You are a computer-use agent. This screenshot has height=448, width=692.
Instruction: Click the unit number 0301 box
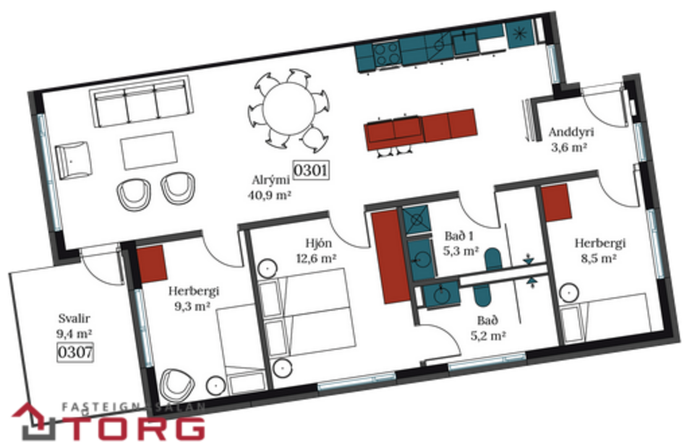click(311, 171)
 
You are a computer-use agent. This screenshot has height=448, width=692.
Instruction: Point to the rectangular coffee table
click(149, 150)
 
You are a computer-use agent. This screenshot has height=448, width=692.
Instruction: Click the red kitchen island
click(420, 129)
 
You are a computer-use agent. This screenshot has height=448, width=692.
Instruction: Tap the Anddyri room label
click(567, 133)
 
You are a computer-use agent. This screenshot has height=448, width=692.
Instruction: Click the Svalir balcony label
click(74, 319)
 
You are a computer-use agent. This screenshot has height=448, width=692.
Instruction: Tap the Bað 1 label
click(458, 236)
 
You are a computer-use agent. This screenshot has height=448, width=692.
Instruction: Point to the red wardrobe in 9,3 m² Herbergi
click(153, 263)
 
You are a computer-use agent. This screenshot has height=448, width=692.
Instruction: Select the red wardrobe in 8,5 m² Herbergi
click(557, 202)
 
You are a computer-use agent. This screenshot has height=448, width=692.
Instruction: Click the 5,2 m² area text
click(486, 335)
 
